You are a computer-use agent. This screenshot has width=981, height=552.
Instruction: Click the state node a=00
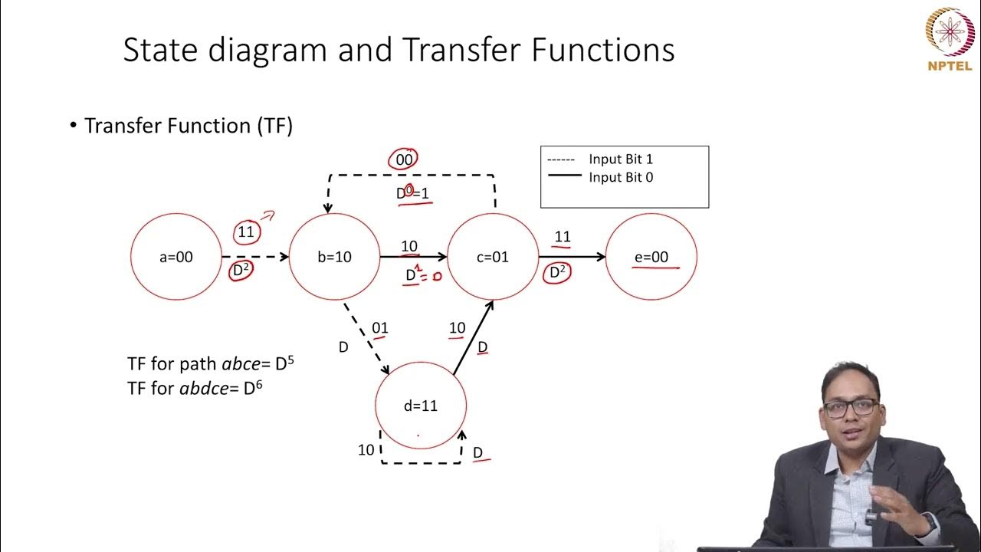(176, 257)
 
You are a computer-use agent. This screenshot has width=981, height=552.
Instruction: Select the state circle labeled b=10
(334, 257)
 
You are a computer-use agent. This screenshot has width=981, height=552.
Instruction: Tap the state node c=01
(493, 257)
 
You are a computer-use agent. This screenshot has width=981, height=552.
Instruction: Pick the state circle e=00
(651, 257)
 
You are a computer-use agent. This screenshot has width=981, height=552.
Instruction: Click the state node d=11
(420, 406)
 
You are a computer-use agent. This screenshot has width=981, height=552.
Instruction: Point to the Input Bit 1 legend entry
(621, 159)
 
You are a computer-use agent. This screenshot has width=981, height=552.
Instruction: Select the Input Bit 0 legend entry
(621, 177)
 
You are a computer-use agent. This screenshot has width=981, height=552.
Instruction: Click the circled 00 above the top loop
(403, 159)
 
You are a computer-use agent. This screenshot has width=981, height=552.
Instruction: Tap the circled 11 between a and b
(246, 232)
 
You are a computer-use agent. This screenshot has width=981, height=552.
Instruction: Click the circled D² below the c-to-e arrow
(556, 272)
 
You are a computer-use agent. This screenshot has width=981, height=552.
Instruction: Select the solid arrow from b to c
(414, 257)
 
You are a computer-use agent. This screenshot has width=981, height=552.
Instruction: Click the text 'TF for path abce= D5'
(211, 363)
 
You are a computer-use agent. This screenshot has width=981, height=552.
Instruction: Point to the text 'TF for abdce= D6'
(195, 388)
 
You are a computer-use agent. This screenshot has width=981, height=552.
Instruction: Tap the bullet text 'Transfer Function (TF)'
(189, 126)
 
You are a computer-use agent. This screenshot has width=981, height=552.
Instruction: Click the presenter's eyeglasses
(851, 408)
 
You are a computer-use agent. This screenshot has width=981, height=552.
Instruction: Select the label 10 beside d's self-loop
(366, 450)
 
